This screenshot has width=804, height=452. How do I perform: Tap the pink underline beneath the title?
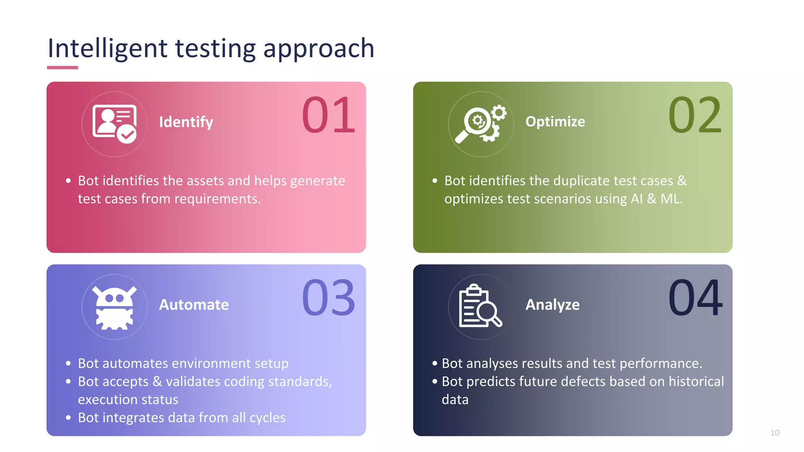point(62,67)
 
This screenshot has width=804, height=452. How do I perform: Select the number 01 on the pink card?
point(328,115)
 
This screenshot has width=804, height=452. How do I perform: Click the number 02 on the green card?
point(694,115)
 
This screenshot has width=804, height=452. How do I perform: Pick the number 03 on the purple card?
point(328,298)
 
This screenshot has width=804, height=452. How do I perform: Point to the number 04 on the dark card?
point(695,298)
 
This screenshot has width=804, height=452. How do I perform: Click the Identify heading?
point(186,122)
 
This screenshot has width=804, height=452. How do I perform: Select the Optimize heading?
point(555,122)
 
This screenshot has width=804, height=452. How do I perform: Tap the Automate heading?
point(194,305)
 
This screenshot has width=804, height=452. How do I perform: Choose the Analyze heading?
point(552,305)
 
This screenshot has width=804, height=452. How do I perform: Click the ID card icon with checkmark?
point(114,124)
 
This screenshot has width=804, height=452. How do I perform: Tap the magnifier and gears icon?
point(481,124)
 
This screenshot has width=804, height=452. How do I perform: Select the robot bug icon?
point(114,307)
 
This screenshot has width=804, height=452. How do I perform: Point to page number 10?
point(775,433)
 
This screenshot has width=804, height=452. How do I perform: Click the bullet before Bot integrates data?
point(68,418)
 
